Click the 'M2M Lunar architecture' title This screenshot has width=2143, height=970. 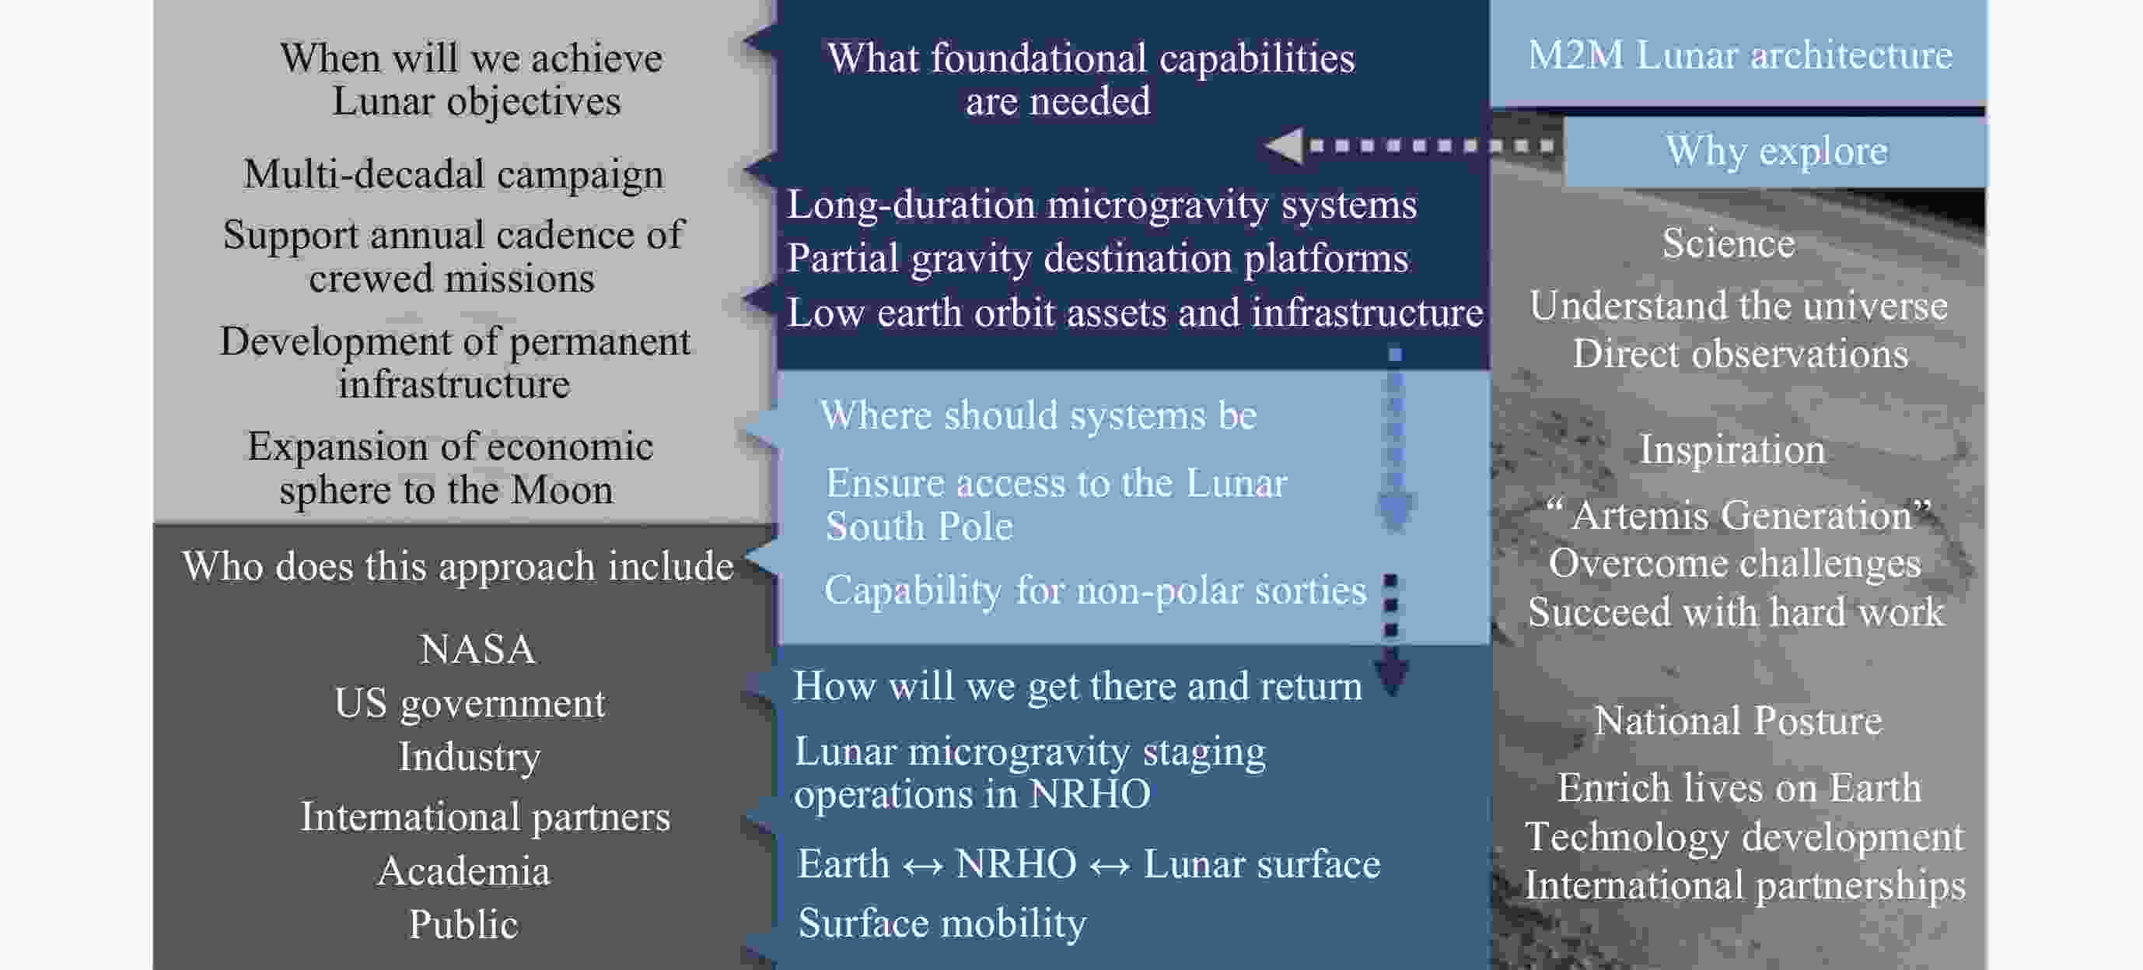pos(1739,56)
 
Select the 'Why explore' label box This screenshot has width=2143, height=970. pos(1775,152)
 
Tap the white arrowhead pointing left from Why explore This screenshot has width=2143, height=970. pos(1284,146)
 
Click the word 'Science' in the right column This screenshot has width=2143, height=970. pos(1728,243)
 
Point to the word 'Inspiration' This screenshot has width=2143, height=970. pos(1732,450)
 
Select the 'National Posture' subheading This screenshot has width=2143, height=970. pos(1738,720)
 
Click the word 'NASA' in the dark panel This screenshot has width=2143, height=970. pos(477,650)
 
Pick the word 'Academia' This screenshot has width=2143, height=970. pos(463,871)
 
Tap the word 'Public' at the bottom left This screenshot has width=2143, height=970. pos(463,924)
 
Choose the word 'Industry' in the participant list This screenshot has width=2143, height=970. pos(469,758)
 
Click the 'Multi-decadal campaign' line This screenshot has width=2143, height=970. pos(453,176)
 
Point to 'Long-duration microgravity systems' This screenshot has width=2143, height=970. pos(1102,205)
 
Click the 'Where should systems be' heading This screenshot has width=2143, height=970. pos(1038,415)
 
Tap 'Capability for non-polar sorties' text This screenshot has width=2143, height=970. pos(1095,591)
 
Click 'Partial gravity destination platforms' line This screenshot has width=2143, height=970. pos(1098,259)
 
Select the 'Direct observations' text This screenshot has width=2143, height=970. pos(1739,355)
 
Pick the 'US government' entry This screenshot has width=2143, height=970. pos(469,704)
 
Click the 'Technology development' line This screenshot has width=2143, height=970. pos(1743,837)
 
